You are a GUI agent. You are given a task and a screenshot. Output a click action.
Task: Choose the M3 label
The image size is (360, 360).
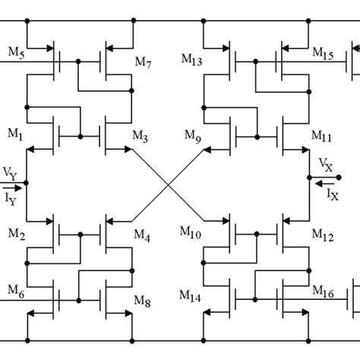(x=141, y=135)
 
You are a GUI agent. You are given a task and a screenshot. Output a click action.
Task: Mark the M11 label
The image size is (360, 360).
(x=322, y=135)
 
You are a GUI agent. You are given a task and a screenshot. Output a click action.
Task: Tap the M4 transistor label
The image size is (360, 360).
(x=142, y=237)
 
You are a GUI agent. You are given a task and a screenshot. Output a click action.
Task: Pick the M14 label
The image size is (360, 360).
(x=193, y=295)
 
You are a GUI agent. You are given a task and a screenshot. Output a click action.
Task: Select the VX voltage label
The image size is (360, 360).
(x=325, y=165)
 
